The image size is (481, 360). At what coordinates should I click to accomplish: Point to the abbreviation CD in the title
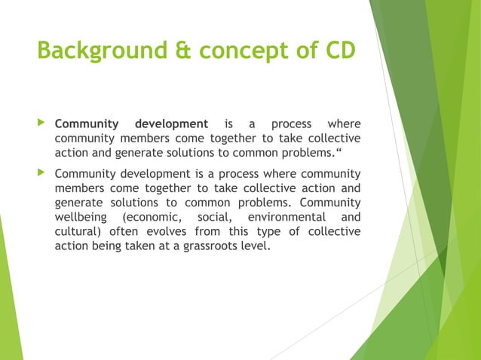(x=337, y=51)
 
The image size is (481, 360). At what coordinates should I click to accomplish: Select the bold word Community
(x=87, y=124)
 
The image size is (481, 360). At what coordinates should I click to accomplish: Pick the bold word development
(x=170, y=124)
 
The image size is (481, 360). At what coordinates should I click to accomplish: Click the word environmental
(x=285, y=218)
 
